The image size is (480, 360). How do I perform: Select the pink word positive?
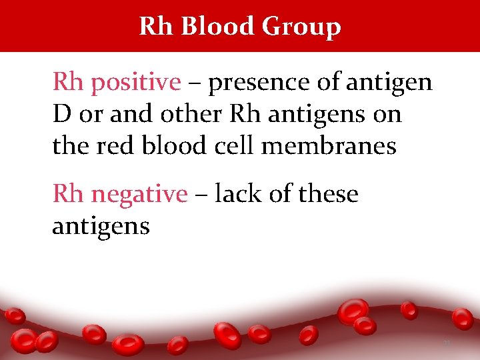[136, 83]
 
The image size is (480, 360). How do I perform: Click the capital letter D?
[61, 114]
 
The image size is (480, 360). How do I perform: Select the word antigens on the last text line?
[101, 227]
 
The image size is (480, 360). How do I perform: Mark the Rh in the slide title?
[156, 26]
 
